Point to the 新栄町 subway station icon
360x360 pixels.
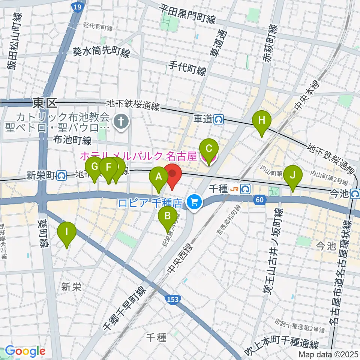click(x=62, y=175)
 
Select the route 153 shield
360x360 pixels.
click(x=172, y=299)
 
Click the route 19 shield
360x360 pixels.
click(x=77, y=7)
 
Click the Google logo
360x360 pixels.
click(x=25, y=351)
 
